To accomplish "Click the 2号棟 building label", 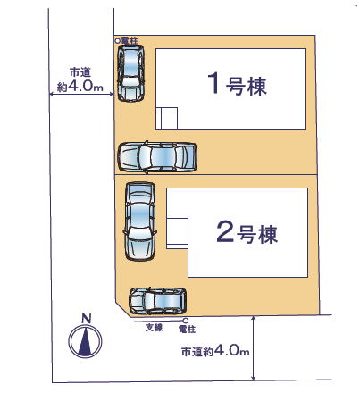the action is (247, 232).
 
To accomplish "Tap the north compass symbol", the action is (85, 341).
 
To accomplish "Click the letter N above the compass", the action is (87, 319).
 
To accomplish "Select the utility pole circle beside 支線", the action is (186, 321).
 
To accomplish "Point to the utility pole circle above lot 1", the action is (118, 40).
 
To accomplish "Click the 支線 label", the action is (154, 328).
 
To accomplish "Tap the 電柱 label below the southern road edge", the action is (187, 329).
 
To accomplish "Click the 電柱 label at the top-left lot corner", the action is (130, 40).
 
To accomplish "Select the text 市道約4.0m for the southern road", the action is (215, 351).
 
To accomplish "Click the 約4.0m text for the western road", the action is (80, 87).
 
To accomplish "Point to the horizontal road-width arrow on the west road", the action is (81, 95).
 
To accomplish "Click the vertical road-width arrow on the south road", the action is (254, 348).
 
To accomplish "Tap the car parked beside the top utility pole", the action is (130, 73).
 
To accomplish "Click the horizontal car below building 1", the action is (157, 156).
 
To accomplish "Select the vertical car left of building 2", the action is (140, 221).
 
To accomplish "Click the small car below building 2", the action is (158, 301).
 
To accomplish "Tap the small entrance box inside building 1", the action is (167, 119).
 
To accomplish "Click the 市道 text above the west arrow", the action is (80, 72).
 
